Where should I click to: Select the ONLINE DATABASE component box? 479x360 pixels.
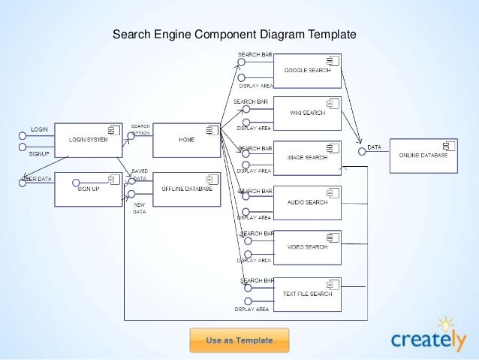[x=422, y=155]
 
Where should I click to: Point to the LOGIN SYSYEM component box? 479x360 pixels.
[x=89, y=140]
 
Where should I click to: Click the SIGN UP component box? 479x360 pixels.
[x=89, y=189]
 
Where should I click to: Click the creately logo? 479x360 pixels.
[x=429, y=338]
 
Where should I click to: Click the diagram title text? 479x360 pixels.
[x=233, y=35]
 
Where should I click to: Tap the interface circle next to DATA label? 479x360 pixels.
[x=362, y=152]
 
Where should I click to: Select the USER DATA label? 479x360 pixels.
[x=36, y=179]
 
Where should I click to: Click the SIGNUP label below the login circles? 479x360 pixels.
[x=39, y=154]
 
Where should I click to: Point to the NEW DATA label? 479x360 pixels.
[x=139, y=208]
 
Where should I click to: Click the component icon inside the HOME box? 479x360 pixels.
[x=212, y=131]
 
